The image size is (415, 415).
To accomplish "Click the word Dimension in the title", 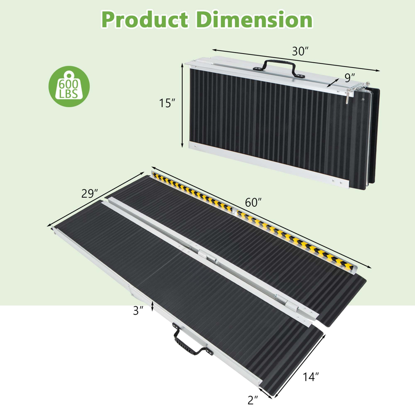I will tap(254, 20).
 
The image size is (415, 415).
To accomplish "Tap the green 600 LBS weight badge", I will tap(69, 86).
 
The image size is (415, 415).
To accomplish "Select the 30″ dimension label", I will tap(300, 51).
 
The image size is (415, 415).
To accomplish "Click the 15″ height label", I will tap(167, 103).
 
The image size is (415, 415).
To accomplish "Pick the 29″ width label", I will tap(90, 193).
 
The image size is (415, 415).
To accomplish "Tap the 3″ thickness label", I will tap(138, 311).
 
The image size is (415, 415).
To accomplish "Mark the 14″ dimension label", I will tap(311, 377).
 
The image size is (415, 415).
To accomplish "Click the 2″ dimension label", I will tap(253, 400).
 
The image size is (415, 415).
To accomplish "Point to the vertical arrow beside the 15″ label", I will tap(182, 105).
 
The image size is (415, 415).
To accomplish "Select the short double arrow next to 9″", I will tap(333, 83).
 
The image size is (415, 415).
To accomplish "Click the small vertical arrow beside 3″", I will tap(152, 306).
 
